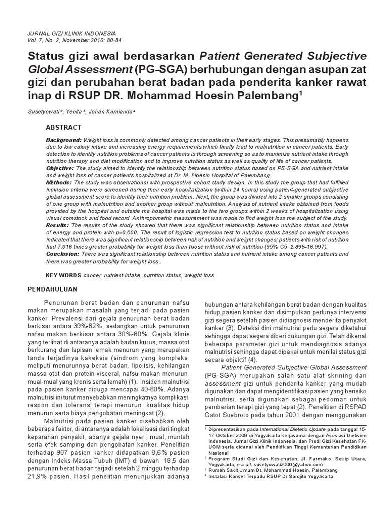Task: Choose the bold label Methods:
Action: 58,183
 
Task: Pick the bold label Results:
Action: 57,226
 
